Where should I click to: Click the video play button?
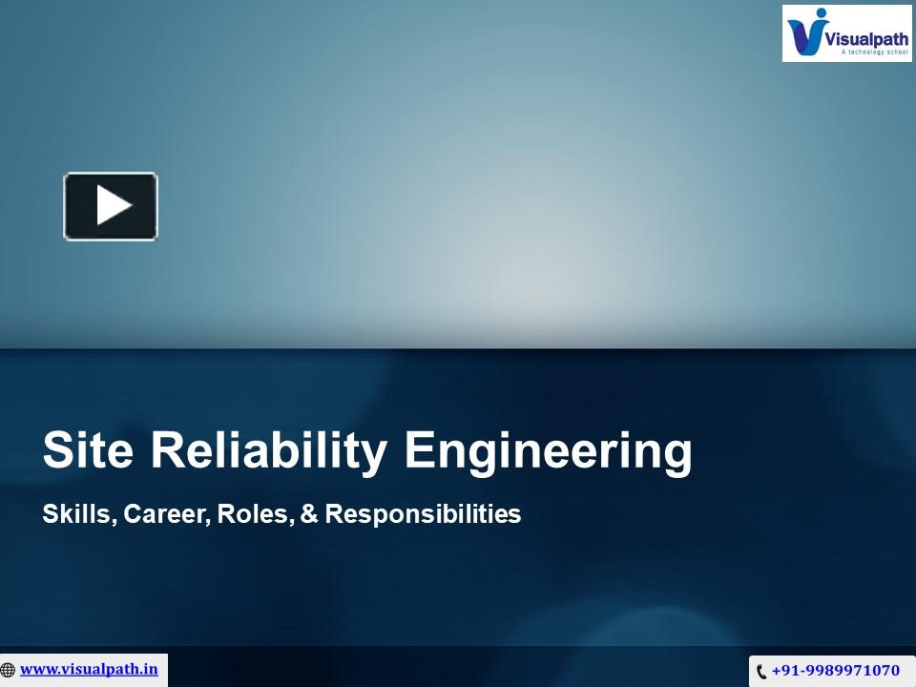(x=111, y=206)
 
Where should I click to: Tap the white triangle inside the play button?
(x=113, y=206)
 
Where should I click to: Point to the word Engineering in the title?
(x=548, y=452)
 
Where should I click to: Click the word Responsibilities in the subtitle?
(x=423, y=514)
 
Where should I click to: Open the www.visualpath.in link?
(x=89, y=669)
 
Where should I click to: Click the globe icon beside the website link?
(x=9, y=670)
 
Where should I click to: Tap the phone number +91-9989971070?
(x=835, y=671)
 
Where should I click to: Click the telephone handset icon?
(x=761, y=672)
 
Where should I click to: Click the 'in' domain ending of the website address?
(x=151, y=669)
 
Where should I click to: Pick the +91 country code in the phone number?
(x=785, y=671)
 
